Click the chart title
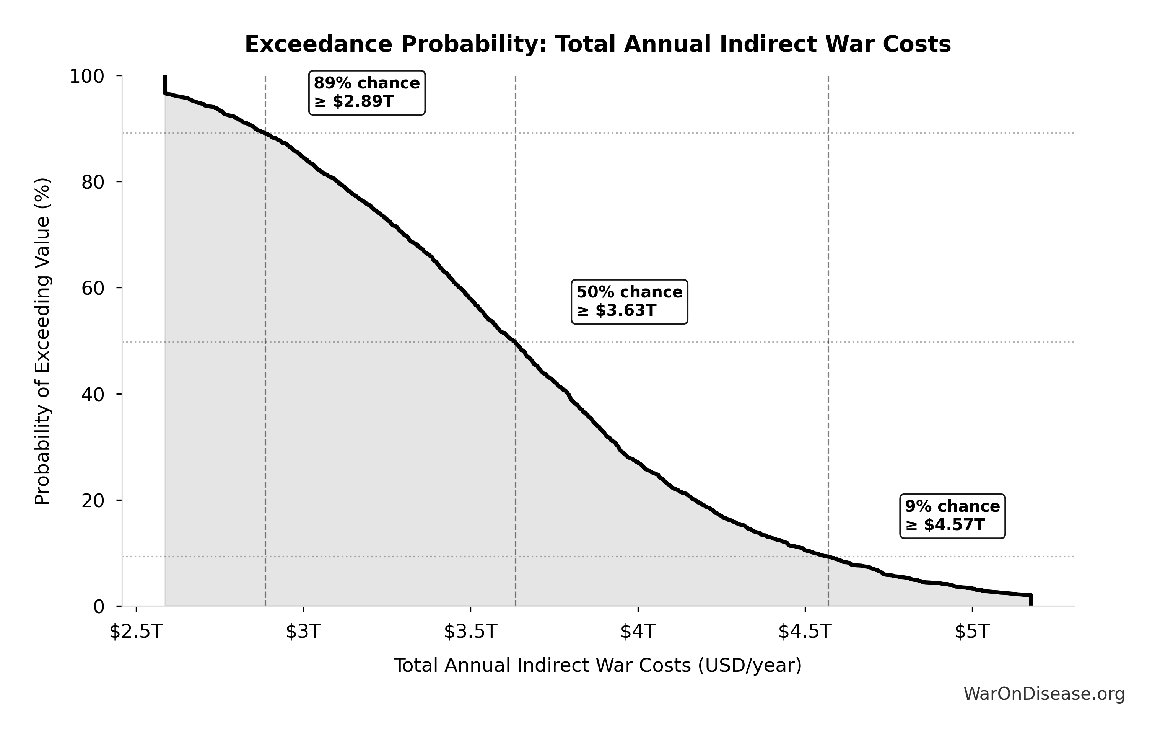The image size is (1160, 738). click(597, 44)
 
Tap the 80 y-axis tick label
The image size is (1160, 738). click(93, 182)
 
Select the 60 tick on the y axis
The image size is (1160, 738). click(93, 288)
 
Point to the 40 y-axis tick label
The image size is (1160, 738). click(93, 394)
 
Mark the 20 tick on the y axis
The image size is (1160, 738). click(93, 500)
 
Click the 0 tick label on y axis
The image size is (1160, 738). click(98, 606)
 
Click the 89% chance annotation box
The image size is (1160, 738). click(367, 93)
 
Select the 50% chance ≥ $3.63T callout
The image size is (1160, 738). click(629, 301)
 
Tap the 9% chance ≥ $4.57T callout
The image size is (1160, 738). click(952, 515)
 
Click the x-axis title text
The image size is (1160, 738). click(597, 665)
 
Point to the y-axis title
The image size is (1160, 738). click(42, 341)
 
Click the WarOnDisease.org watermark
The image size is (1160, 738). click(1044, 694)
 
